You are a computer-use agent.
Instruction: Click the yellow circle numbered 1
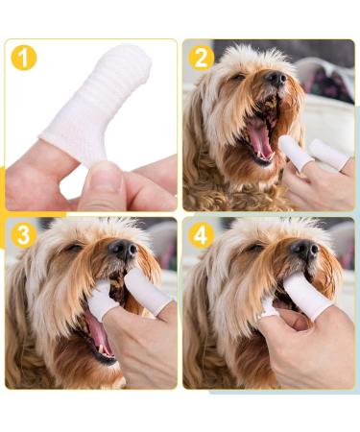tap(24, 58)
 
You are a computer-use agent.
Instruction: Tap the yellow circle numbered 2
tap(201, 58)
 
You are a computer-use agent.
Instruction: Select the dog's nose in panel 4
tap(305, 251)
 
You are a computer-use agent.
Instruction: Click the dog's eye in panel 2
tap(237, 78)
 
